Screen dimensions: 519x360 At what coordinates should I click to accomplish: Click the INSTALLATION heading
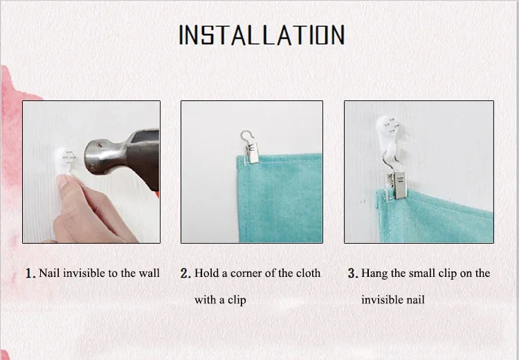coord(262,35)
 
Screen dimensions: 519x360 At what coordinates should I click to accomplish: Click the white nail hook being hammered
coord(64,161)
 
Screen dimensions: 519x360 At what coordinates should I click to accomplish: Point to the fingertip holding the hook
coord(64,181)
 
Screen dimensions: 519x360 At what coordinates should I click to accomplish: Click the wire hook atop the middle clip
coord(246,136)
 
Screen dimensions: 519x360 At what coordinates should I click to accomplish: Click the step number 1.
coord(30,273)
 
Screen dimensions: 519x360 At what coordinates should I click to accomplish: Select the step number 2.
coord(185,273)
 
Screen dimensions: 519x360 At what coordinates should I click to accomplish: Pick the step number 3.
coord(353,273)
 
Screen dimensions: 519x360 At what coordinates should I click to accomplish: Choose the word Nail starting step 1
coord(49,273)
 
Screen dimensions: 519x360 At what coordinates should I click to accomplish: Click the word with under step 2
coord(205,300)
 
